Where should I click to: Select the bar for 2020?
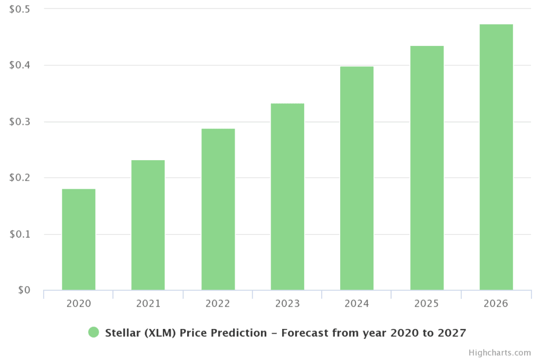point(79,239)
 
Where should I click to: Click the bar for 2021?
point(148,225)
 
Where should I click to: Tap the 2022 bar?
point(218,209)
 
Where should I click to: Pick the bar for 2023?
point(287,197)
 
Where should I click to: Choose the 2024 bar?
point(357,178)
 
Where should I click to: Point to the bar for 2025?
point(427,168)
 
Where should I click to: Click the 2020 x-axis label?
point(79,304)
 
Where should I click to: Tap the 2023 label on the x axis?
point(287,304)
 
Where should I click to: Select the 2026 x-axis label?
point(496,304)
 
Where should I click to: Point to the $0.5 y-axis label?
point(20,9)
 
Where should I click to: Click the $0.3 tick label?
point(20,122)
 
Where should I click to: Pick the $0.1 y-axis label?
point(20,234)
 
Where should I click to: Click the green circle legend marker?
point(93,332)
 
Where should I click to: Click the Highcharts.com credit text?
point(500,353)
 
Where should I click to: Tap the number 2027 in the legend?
point(452,333)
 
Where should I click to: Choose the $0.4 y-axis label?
point(20,65)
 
